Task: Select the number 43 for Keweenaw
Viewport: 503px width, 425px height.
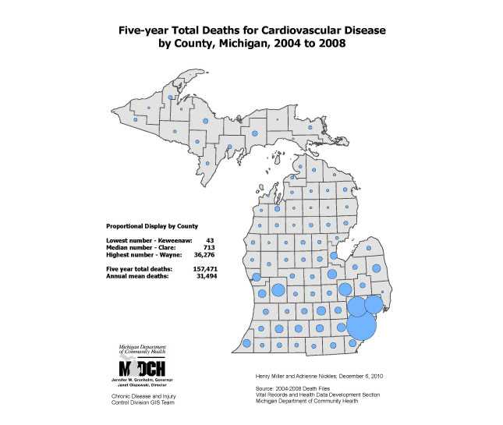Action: coord(209,240)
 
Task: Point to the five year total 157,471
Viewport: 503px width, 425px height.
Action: coord(204,268)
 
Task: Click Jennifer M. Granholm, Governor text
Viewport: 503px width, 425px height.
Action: coord(141,380)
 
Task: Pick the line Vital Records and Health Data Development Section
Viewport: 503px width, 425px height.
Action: coord(317,395)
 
